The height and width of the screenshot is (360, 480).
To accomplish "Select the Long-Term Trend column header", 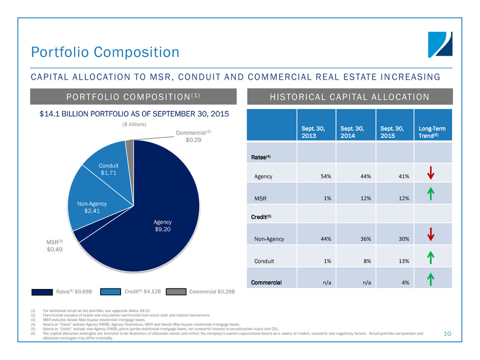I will click(x=430, y=124).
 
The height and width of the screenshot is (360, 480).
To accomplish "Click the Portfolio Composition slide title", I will click(x=105, y=52).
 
